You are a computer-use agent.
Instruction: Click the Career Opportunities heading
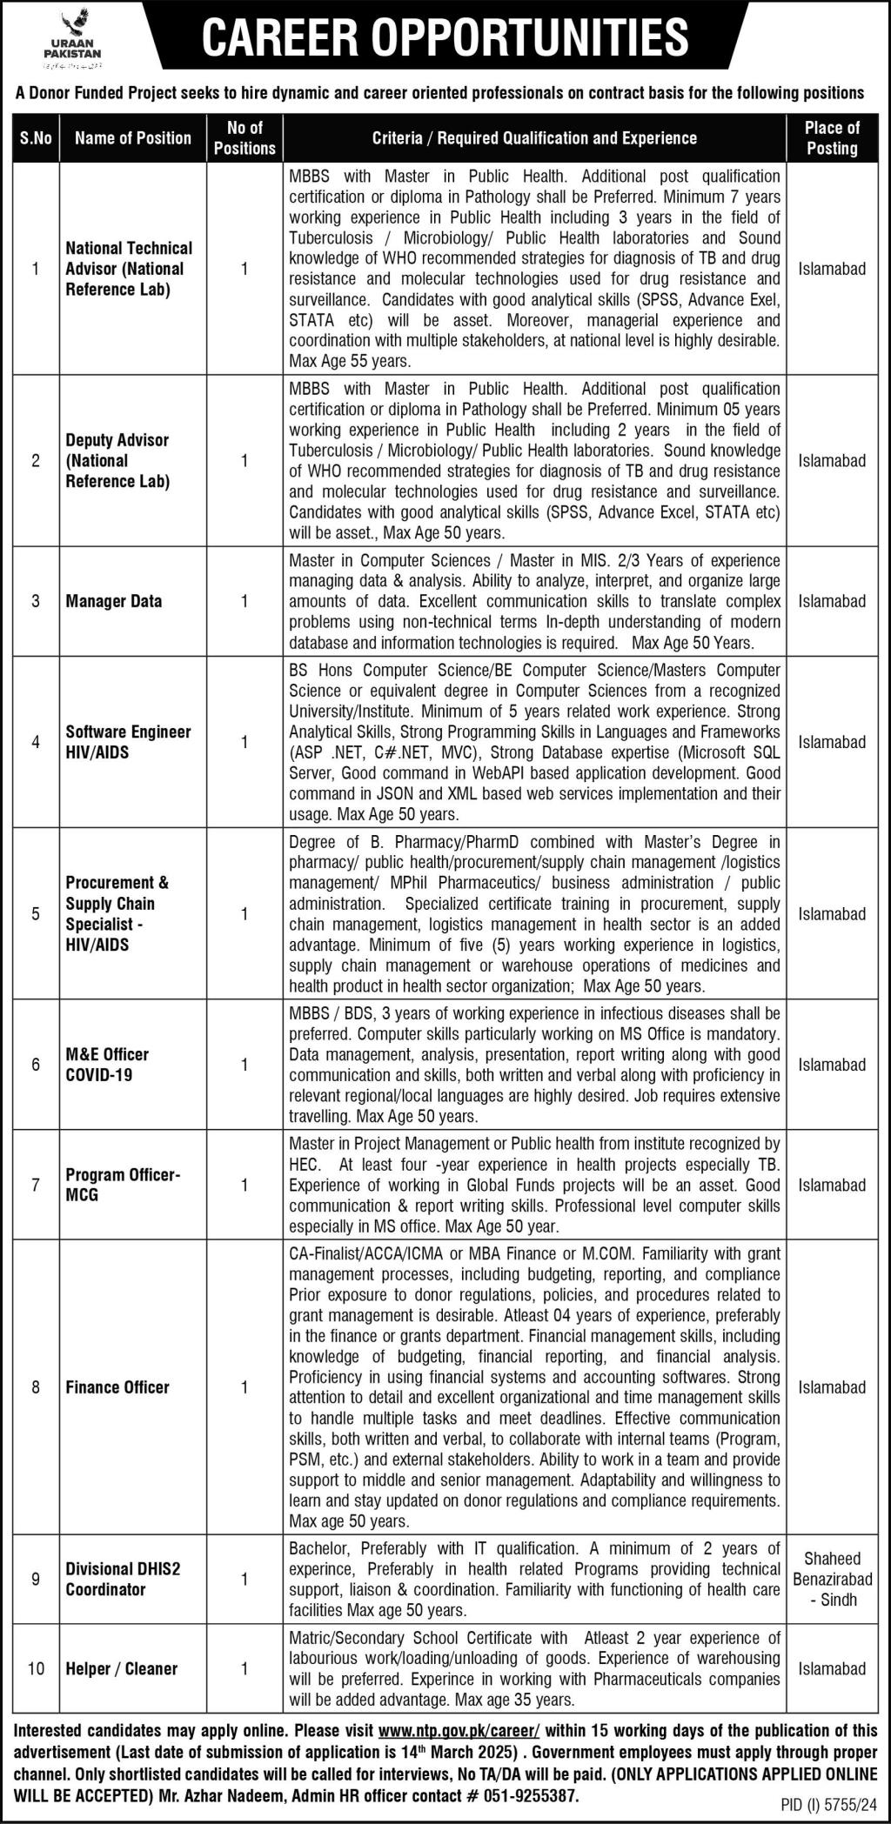coord(445,37)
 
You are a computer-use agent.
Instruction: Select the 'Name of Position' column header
coord(132,137)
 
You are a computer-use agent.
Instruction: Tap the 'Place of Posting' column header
coord(832,137)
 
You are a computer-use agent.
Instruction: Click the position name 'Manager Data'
coord(114,601)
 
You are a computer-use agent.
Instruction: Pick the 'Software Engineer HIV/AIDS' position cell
coord(129,742)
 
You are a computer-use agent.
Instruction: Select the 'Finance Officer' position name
coord(117,1387)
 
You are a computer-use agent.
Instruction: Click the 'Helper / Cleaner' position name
coord(122,1668)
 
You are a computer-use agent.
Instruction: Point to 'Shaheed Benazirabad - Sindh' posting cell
coord(832,1579)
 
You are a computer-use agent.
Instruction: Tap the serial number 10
coord(36,1668)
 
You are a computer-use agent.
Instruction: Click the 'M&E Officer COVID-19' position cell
coord(107,1065)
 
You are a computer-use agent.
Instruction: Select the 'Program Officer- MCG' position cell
coord(123,1185)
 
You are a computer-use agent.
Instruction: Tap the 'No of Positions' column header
coord(244,137)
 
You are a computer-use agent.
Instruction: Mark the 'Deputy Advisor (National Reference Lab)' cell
coord(117,461)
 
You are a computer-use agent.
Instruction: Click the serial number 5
coord(36,913)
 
